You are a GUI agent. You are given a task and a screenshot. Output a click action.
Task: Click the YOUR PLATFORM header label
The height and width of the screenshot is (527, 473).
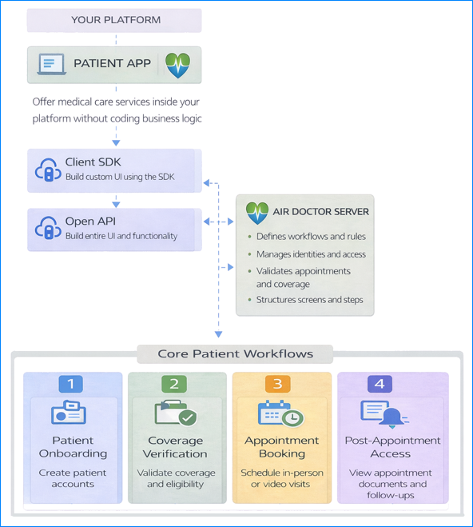(x=115, y=20)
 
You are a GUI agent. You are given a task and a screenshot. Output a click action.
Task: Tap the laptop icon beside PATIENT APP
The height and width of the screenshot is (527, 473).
(x=50, y=64)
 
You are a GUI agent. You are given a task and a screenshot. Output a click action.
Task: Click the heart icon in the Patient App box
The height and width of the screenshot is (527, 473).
(x=177, y=65)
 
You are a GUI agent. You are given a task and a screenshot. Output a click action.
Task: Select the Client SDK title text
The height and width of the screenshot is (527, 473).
(x=93, y=162)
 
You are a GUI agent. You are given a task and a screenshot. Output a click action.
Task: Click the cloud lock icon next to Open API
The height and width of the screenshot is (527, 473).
(x=47, y=229)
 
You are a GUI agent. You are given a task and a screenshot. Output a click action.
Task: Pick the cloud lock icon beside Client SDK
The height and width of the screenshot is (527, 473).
(x=47, y=170)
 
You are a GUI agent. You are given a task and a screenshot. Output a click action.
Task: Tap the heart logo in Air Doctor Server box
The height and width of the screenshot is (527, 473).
(x=257, y=213)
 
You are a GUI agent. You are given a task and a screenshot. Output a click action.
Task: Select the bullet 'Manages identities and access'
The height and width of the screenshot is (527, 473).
(x=311, y=254)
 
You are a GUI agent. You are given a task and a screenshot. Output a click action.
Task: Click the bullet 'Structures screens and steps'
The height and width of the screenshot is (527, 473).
(x=309, y=300)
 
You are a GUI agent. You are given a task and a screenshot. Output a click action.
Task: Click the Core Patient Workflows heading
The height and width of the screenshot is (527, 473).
(x=235, y=353)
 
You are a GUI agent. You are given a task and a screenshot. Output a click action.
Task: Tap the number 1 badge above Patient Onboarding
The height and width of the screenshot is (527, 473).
(x=70, y=384)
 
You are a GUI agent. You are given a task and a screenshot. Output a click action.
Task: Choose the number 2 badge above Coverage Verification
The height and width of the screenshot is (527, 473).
(x=174, y=384)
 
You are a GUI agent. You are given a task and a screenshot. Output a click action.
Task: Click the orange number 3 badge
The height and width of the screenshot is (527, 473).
(x=277, y=384)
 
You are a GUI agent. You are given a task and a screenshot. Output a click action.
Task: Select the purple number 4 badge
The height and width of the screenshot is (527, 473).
(x=379, y=384)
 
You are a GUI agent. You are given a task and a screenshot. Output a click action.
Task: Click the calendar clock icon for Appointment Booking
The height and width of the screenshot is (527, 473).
(x=280, y=414)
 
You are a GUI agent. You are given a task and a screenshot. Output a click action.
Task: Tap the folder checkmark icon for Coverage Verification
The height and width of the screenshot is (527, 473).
(x=175, y=414)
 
